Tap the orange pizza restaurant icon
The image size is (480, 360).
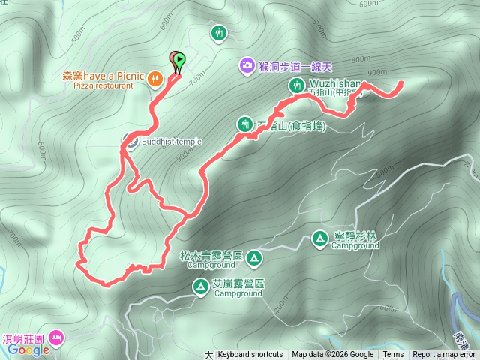[x=154, y=76]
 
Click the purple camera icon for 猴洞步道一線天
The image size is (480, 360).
[x=247, y=65]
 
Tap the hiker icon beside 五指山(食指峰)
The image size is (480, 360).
[x=245, y=124]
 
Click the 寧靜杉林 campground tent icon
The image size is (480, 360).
[x=320, y=238]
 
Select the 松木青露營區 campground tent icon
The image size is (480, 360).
[x=254, y=258]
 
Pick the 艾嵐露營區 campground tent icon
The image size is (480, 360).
[x=201, y=286]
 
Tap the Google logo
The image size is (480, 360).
[x=29, y=349]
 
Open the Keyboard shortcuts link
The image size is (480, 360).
[x=250, y=355]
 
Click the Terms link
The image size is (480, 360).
[x=393, y=355]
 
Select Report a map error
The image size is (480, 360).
[x=444, y=355]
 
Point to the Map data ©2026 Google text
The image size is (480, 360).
[x=333, y=355]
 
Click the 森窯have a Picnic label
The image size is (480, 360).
[x=104, y=76]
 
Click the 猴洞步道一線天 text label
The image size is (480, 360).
[x=295, y=65]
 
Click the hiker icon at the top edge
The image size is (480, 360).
[x=219, y=33]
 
